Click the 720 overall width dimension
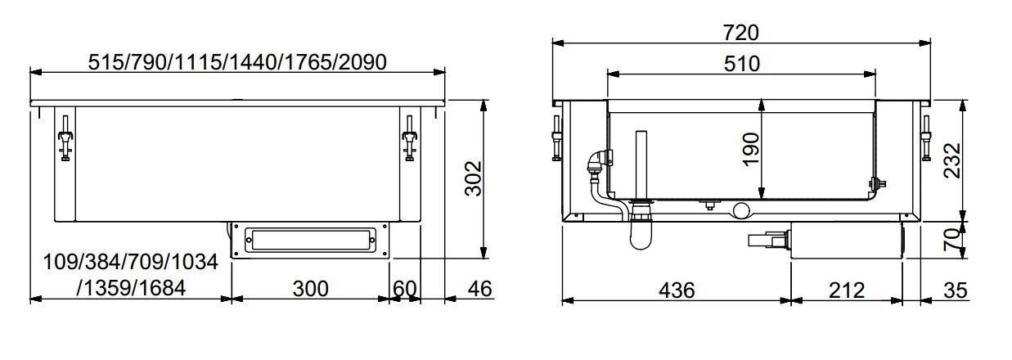pyautogui.click(x=741, y=32)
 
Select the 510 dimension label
pyautogui.click(x=741, y=63)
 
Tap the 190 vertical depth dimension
pyautogui.click(x=750, y=150)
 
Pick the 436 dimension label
pyautogui.click(x=677, y=290)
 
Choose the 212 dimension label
pyautogui.click(x=846, y=290)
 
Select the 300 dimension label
pyautogui.click(x=310, y=289)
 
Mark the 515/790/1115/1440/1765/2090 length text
pyautogui.click(x=237, y=61)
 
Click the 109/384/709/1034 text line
pyautogui.click(x=131, y=263)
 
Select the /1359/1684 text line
pyautogui.click(x=131, y=288)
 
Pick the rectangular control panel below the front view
pyautogui.click(x=308, y=241)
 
